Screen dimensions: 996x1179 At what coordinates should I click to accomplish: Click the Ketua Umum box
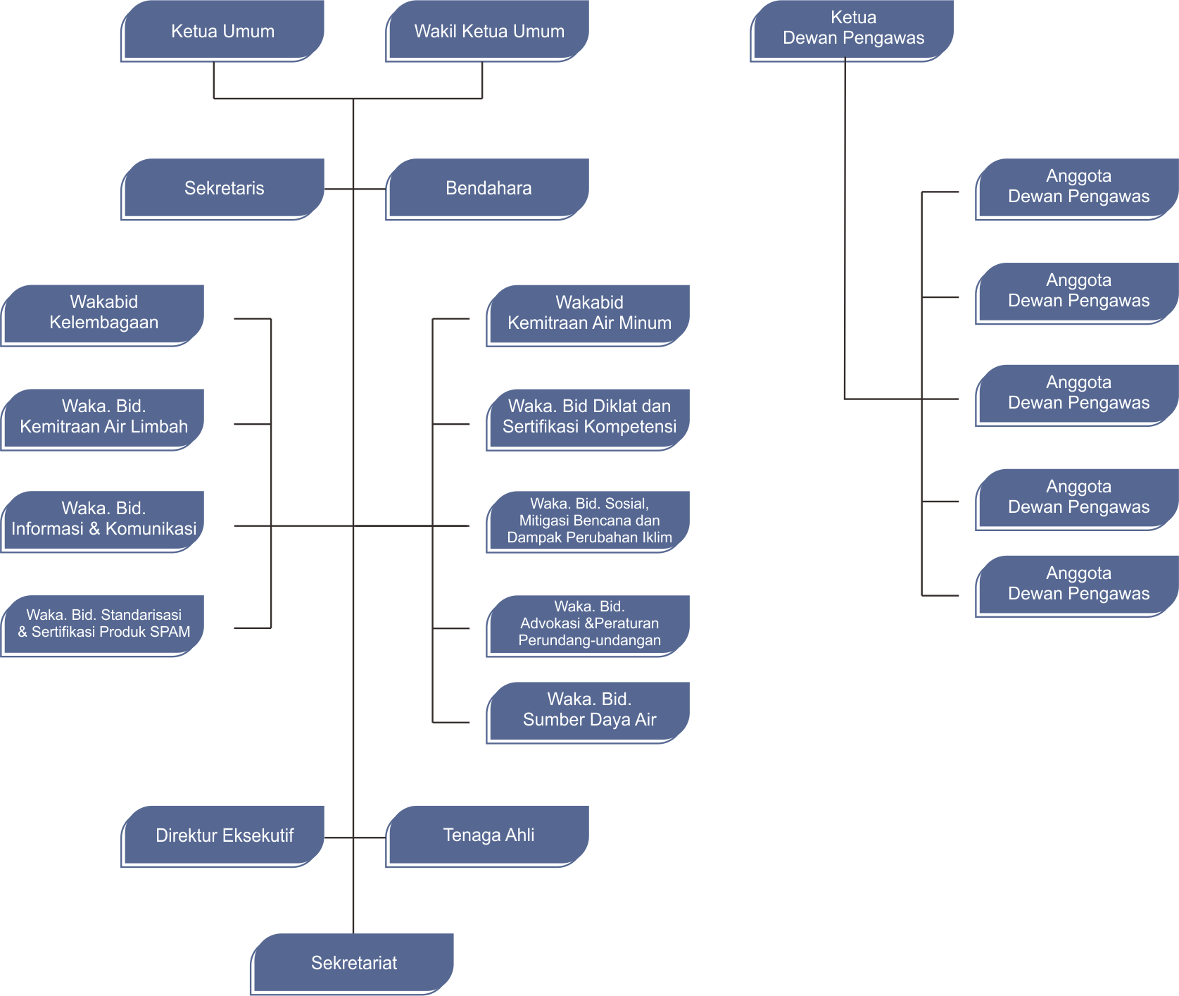(x=222, y=31)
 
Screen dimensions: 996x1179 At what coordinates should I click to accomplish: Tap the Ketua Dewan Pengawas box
(x=852, y=28)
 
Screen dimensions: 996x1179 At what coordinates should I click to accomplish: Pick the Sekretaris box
(x=223, y=189)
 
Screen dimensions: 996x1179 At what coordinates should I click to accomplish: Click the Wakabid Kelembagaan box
(x=103, y=313)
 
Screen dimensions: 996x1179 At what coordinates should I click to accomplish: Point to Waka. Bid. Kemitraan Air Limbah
(x=103, y=417)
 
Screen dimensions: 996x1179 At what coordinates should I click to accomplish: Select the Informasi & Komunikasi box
(x=103, y=519)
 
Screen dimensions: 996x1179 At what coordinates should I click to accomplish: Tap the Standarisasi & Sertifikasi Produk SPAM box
(x=103, y=624)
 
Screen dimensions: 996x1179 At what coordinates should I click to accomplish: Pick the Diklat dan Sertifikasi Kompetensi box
(x=588, y=417)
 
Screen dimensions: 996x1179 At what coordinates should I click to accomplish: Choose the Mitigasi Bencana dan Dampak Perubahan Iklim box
(x=588, y=521)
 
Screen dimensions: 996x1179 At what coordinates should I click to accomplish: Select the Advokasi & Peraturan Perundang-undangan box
(x=588, y=624)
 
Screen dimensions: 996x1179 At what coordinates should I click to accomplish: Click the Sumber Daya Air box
(x=588, y=710)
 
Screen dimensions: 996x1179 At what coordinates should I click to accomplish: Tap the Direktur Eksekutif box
(x=223, y=836)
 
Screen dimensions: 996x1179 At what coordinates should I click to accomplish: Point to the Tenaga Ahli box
(x=488, y=835)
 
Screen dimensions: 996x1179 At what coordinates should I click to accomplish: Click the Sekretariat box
(x=353, y=963)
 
